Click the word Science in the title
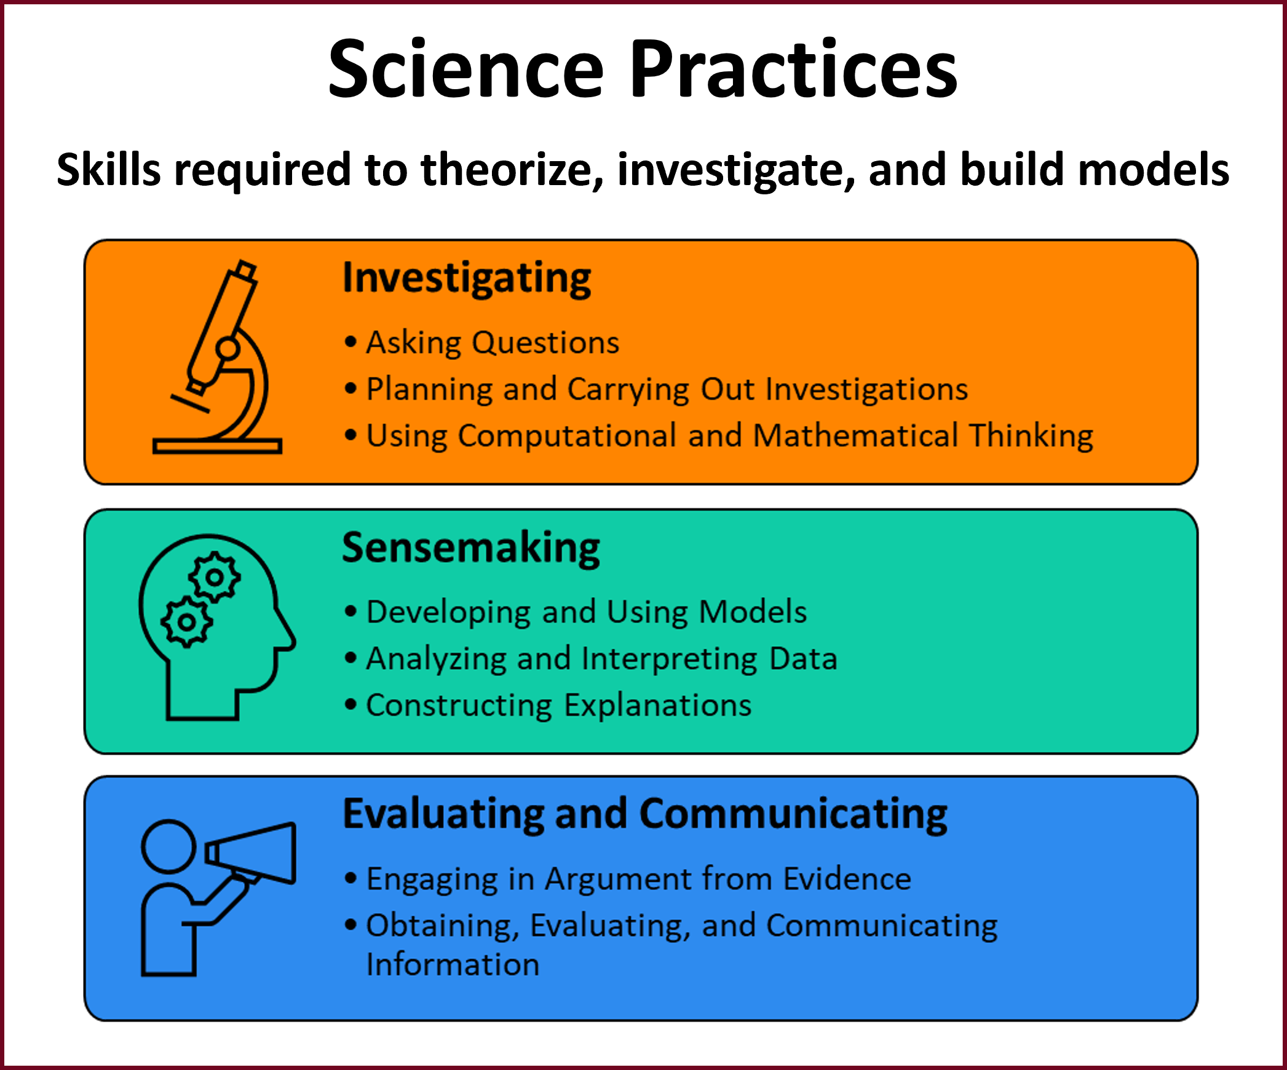[465, 69]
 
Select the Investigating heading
[467, 279]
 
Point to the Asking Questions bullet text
[493, 343]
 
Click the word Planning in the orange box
[429, 390]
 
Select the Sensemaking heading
[471, 548]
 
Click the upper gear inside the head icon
[215, 577]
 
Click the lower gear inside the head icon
[186, 622]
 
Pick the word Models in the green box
[753, 612]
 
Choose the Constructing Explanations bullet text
[558, 705]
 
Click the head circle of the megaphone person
[168, 846]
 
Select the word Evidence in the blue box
[847, 879]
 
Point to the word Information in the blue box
[453, 964]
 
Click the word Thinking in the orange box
[1031, 436]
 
